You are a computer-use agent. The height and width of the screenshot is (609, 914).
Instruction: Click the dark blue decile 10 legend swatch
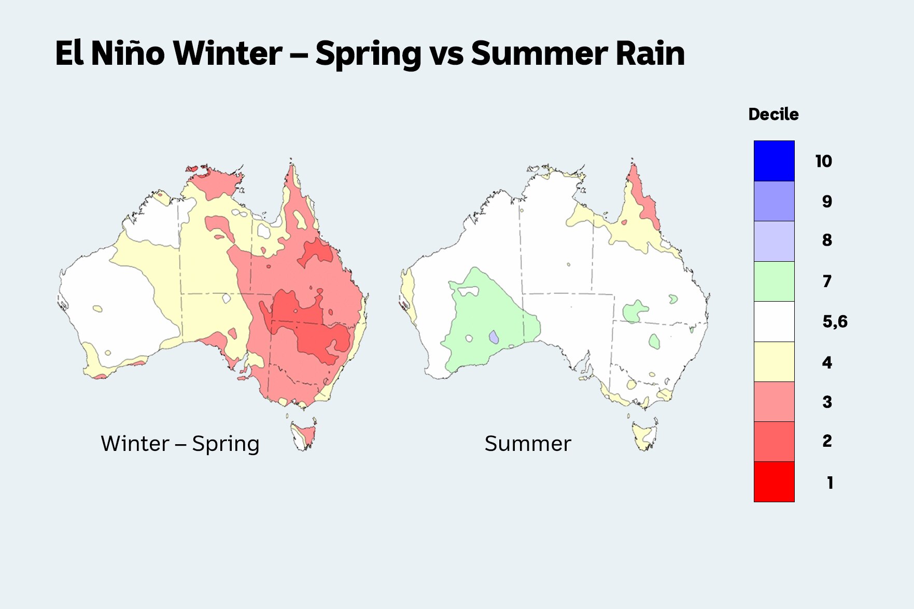tap(774, 161)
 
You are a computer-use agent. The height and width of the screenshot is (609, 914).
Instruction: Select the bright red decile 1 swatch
tap(774, 481)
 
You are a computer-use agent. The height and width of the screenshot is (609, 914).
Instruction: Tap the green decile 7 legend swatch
tap(774, 281)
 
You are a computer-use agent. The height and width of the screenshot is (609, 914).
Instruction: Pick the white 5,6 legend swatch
tap(774, 321)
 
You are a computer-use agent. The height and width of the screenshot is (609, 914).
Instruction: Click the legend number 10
tap(823, 161)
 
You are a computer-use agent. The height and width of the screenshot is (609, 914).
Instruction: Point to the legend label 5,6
tap(834, 321)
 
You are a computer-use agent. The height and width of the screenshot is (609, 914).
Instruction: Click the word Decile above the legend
tap(773, 115)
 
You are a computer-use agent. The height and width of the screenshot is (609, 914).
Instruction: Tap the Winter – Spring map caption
tap(180, 444)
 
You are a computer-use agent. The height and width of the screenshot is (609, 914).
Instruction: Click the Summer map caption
tap(527, 444)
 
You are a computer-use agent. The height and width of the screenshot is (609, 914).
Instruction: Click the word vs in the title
tap(446, 54)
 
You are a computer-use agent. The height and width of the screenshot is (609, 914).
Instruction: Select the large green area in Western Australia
tap(487, 316)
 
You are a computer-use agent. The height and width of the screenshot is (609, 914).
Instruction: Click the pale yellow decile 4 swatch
tap(774, 362)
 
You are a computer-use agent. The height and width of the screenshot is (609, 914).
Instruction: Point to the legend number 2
tap(827, 441)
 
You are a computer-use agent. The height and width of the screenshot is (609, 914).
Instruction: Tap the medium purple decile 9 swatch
tap(774, 201)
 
